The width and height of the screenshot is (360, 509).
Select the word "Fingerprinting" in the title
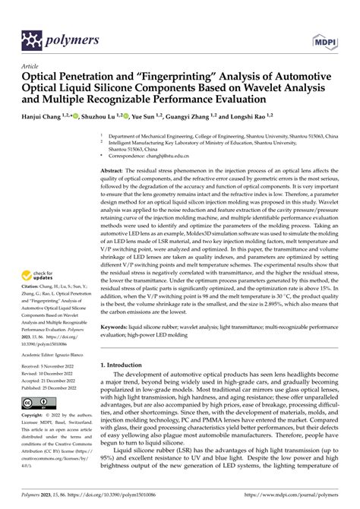coord(169,77)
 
